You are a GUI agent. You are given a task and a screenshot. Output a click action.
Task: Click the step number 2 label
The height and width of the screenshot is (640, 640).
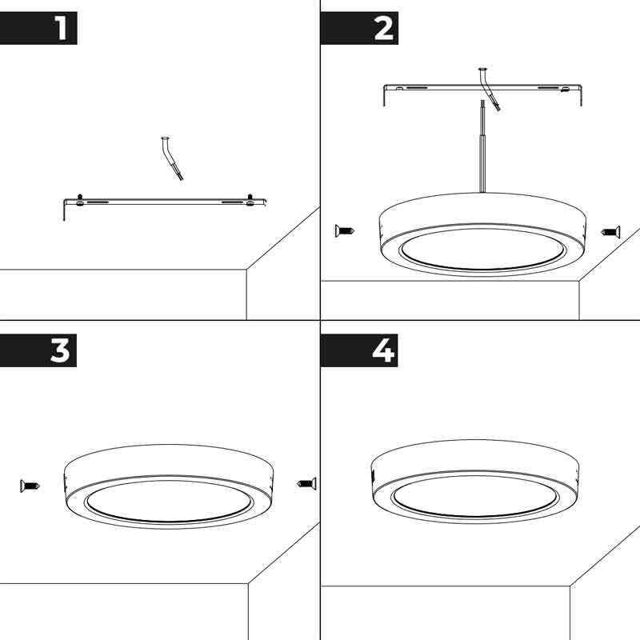click(x=383, y=29)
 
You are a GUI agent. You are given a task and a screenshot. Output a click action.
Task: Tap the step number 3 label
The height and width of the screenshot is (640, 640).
click(x=61, y=350)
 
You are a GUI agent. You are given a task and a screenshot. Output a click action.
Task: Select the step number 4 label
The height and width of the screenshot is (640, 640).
click(x=383, y=350)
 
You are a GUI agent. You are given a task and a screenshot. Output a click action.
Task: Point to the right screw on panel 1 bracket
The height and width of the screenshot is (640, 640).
click(x=250, y=200)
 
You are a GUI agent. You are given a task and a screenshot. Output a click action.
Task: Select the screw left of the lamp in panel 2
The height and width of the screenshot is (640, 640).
click(x=345, y=231)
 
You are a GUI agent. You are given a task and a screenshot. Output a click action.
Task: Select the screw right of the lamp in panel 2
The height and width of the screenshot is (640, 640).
click(x=610, y=232)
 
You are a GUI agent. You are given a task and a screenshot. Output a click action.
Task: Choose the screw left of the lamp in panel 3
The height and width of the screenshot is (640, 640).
click(x=30, y=485)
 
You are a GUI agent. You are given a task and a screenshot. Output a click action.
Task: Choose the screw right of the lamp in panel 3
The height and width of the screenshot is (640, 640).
click(x=306, y=482)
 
